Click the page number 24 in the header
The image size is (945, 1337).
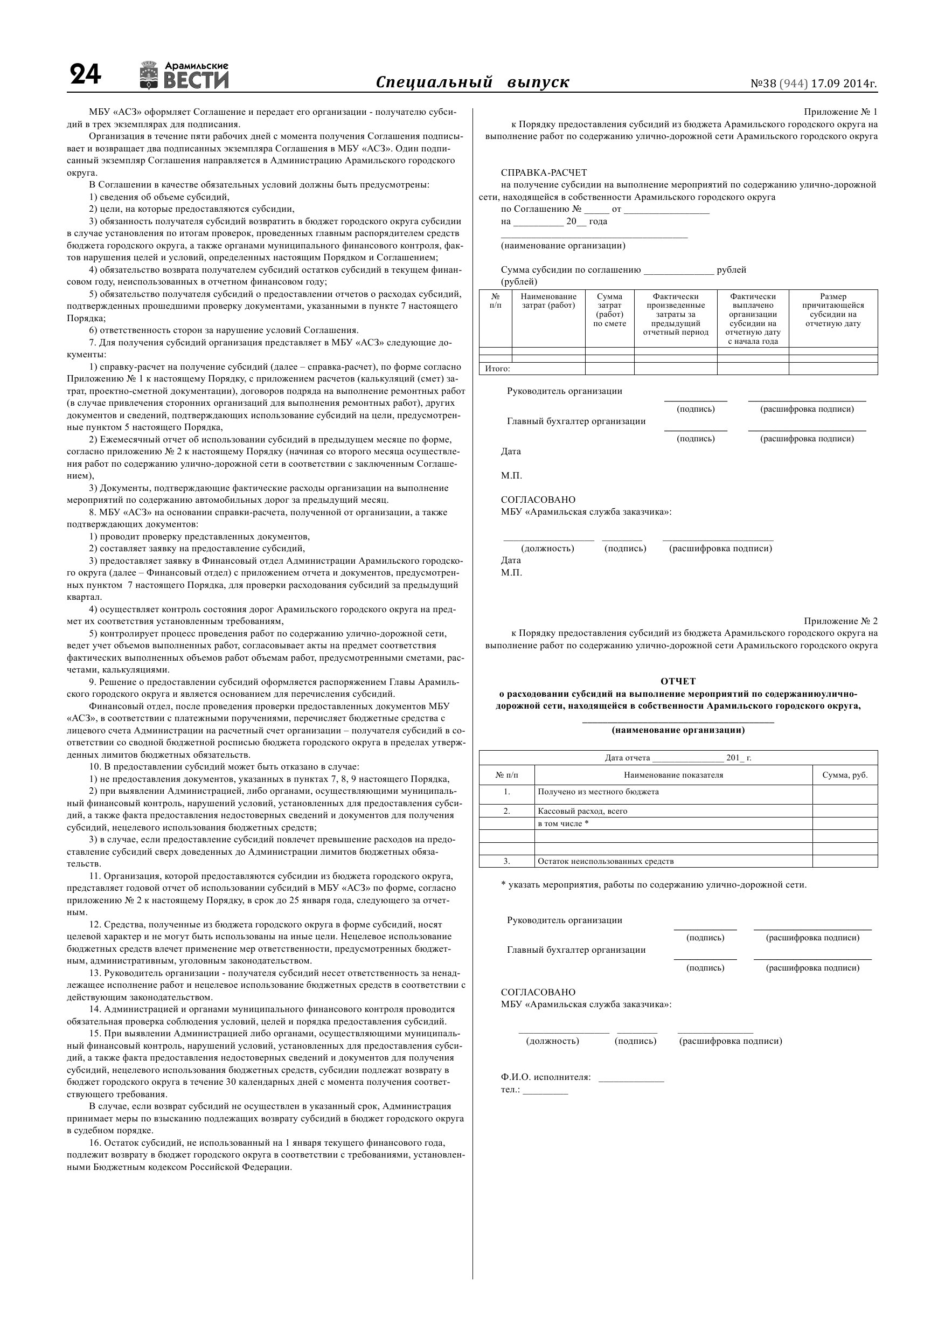click(x=85, y=75)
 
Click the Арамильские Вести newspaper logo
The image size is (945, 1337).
click(x=185, y=75)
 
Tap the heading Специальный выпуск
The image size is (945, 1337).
click(x=472, y=82)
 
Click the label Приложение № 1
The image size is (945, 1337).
click(x=840, y=112)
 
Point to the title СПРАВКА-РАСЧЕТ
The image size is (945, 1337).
click(x=544, y=172)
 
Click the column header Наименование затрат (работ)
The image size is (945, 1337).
click(x=548, y=301)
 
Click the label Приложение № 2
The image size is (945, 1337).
click(x=840, y=621)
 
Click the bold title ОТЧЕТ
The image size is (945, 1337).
click(x=678, y=681)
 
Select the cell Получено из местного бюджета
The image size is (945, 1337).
click(x=598, y=792)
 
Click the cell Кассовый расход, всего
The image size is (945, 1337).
click(x=582, y=810)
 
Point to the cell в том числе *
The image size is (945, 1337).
click(x=563, y=823)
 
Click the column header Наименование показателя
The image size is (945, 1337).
click(x=673, y=775)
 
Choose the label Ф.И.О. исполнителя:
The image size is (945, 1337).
click(x=546, y=1077)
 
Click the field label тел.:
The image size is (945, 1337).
click(x=510, y=1089)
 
